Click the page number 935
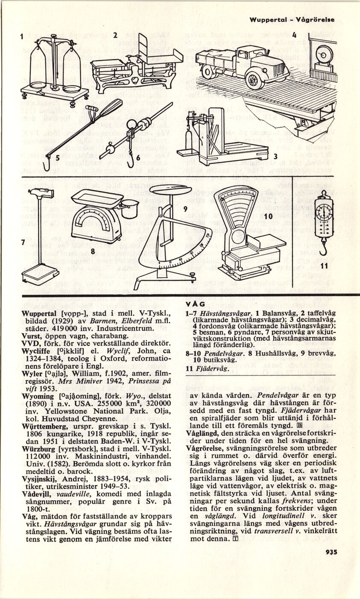point(331,551)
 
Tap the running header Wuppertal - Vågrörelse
point(292,20)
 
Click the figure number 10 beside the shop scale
point(268,217)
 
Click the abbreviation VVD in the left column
point(29,343)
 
